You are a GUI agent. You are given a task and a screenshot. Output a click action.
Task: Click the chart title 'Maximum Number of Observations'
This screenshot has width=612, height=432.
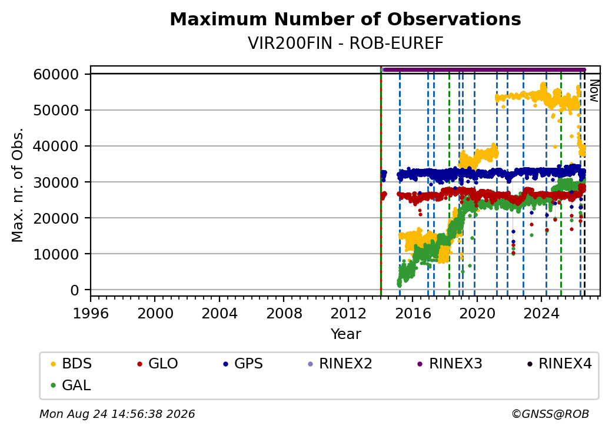tap(345, 19)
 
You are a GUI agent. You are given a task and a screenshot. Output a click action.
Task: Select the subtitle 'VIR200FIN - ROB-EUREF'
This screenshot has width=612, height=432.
tap(345, 44)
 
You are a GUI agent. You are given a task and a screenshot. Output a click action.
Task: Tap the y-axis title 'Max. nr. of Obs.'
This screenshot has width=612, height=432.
tap(18, 185)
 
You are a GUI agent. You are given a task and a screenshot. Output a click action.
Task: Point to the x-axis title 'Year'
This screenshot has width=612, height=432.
tap(346, 334)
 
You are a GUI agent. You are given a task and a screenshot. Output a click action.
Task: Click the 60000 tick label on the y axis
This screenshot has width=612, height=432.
tap(56, 74)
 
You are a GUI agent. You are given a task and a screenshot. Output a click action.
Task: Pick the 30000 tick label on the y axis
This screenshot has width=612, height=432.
tap(56, 182)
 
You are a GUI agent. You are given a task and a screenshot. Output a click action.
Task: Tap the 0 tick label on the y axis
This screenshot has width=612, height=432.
tap(75, 290)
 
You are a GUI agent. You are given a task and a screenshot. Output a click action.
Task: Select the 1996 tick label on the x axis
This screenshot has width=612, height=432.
tap(91, 313)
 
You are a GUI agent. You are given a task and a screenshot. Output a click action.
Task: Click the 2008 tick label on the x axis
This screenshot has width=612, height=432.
tap(284, 313)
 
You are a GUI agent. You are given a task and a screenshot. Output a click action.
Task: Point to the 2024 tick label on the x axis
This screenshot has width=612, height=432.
tap(541, 313)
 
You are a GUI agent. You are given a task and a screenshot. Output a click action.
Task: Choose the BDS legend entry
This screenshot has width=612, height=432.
tap(71, 364)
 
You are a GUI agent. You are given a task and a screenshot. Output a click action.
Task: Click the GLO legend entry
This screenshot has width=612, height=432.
tap(157, 364)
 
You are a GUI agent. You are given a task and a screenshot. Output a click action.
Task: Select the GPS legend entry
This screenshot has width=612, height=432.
tap(243, 364)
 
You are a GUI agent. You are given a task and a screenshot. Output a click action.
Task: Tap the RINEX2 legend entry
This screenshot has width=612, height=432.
tap(340, 364)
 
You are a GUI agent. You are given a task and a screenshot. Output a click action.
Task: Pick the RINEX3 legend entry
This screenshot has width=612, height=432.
tap(450, 364)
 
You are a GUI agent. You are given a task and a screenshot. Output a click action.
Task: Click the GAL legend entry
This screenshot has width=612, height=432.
tap(71, 385)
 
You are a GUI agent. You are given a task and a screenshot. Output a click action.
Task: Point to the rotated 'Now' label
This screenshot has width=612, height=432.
tap(594, 91)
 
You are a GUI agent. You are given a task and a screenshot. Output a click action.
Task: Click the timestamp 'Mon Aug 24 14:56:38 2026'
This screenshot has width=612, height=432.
tap(118, 414)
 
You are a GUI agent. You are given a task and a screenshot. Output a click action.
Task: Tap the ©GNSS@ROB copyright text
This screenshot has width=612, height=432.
tap(550, 414)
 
